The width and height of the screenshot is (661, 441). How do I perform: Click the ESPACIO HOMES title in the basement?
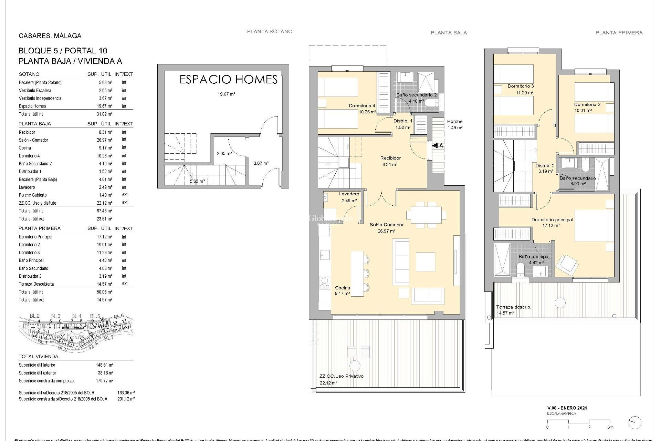pos(229,80)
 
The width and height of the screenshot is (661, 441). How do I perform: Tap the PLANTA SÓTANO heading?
pos(270,31)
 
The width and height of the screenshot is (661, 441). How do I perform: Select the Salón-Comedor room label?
pos(387,225)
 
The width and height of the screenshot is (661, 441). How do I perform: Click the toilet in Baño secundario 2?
pos(432,103)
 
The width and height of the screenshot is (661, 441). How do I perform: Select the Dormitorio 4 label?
pos(362,106)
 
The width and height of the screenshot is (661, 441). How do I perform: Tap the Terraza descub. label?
pos(513,307)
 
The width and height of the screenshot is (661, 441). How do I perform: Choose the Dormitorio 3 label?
pos(521,86)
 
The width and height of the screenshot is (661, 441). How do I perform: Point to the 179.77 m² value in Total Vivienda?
pos(104,381)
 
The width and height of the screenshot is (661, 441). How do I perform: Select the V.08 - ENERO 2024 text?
pos(567,408)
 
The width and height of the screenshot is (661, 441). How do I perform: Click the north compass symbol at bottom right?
pos(634,422)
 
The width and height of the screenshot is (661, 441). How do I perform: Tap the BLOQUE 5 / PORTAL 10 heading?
pos(63,51)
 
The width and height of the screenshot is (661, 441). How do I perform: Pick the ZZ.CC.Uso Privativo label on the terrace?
pos(341,376)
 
